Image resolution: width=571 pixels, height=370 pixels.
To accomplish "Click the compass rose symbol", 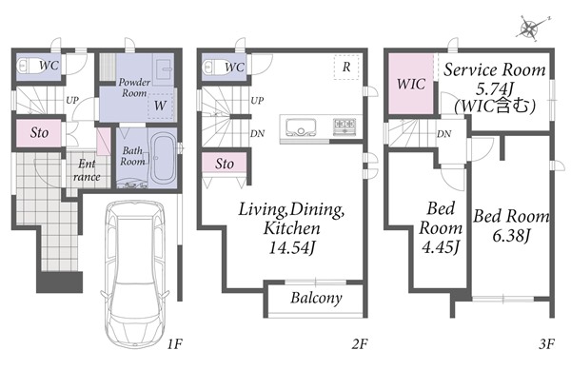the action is point(530,29).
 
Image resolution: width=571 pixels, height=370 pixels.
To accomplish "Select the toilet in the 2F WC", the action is point(212,67).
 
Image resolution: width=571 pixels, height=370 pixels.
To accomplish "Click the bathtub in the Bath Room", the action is point(163,159).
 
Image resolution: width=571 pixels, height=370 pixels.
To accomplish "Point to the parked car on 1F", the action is point(135,274).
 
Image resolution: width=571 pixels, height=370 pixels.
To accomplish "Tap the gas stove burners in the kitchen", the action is point(345,127).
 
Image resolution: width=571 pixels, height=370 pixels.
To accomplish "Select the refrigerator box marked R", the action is point(346,68).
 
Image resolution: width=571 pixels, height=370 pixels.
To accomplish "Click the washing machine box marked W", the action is point(160,106).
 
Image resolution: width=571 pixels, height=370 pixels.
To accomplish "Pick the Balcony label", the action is point(316,298).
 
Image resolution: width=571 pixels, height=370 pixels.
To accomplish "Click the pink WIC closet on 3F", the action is point(411,84).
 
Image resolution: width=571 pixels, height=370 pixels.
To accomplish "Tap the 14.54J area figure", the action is point(291,247).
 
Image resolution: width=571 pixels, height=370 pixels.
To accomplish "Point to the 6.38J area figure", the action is point(510,236).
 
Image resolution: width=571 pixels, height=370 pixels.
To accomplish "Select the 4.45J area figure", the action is point(441,247).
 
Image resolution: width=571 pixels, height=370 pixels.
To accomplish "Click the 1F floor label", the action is point(174,343).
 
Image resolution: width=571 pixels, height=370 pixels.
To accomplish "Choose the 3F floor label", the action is point(546,343).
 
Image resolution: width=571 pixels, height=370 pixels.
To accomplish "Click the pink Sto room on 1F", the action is point(39,133).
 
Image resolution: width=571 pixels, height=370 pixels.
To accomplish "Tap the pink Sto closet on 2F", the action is point(225,165).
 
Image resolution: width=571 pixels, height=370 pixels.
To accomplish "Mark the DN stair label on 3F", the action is point(443,134).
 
